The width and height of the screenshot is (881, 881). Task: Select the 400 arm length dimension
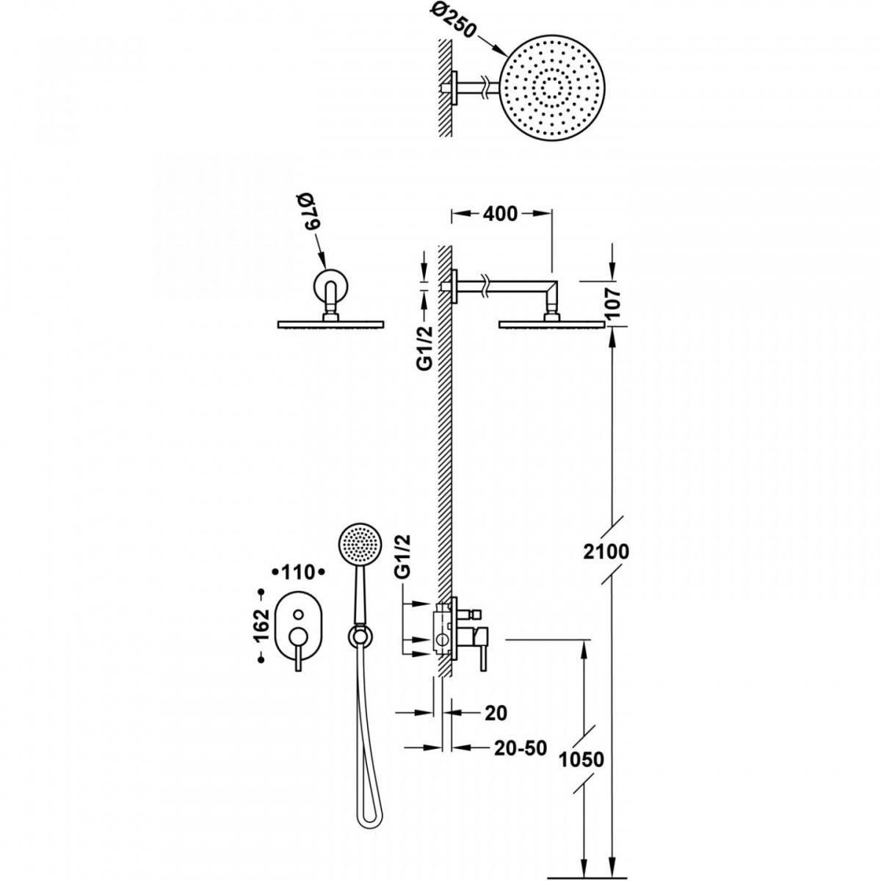500,214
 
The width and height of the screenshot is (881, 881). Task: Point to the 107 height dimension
613,303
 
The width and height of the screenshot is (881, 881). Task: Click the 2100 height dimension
606,552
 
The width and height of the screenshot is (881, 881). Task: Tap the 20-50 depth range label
521,748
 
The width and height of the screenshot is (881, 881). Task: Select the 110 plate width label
299,572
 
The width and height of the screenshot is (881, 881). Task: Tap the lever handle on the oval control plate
297,647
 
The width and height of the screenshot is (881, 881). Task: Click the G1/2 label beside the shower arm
425,349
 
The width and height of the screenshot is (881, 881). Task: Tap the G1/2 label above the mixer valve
403,558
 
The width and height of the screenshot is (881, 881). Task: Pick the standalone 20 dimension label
496,713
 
